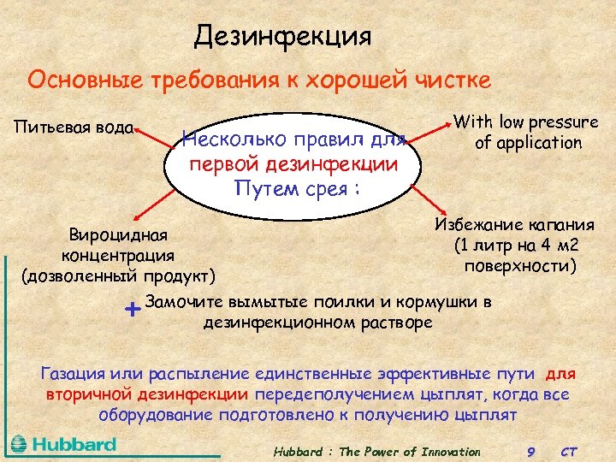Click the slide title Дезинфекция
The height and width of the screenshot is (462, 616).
coord(282,36)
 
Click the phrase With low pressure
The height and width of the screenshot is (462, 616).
coord(525,122)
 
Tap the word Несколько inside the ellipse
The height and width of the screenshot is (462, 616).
coord(233,139)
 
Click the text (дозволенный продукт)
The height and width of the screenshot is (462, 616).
coord(118,275)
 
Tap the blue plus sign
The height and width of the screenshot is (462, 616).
coord(132,308)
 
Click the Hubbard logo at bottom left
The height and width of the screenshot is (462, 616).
coord(64,444)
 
